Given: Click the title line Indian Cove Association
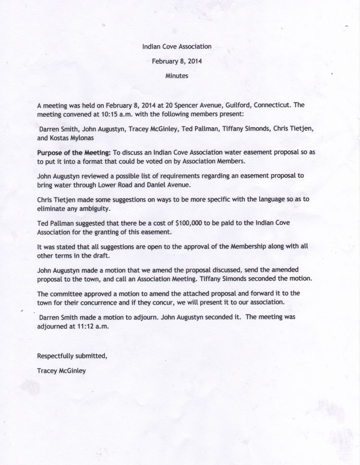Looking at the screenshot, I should (x=177, y=47).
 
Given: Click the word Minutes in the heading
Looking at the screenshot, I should (x=177, y=76).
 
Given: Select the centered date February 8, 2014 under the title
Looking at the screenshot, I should (x=177, y=61).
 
